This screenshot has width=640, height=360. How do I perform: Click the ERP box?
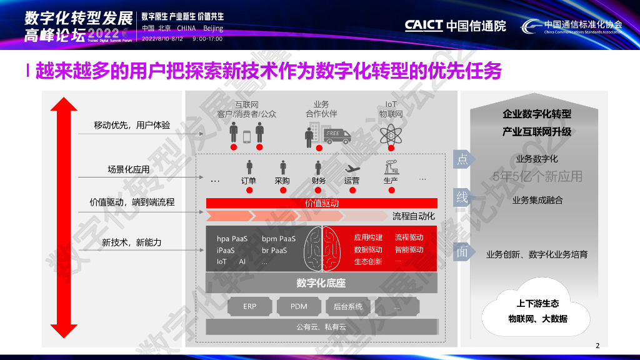pos(250,307)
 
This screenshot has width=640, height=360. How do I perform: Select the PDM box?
pos(299,307)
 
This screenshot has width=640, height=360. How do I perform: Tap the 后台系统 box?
pos(348,307)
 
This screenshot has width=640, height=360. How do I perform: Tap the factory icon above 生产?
pos(391,167)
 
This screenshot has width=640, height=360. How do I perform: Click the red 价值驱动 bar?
pos(321,203)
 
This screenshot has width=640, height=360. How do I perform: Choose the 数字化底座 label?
pos(321,283)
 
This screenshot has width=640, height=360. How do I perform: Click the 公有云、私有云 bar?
pos(321,327)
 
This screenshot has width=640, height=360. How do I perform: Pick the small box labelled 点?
pos(462,159)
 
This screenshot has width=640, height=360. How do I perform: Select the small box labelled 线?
pos(462,198)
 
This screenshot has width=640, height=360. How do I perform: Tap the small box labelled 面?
pos(462,252)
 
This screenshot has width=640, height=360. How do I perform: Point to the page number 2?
pos(597,346)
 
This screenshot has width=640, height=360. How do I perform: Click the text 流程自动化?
pos(414,216)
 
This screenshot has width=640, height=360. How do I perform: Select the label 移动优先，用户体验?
pos(132,125)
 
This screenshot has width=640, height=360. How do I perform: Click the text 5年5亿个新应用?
pos(537,177)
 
